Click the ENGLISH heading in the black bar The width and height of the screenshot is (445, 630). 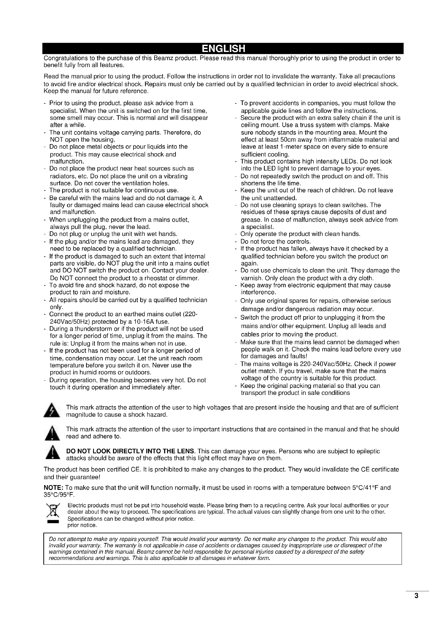(x=223, y=48)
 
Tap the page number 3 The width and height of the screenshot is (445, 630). (x=416, y=603)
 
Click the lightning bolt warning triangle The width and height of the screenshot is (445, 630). (x=52, y=411)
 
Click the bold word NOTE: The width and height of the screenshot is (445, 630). (x=54, y=488)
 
